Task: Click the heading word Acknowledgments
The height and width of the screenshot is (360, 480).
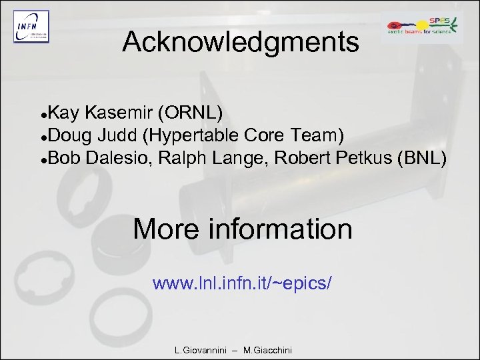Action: coord(241,43)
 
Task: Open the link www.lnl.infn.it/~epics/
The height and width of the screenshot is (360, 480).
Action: coord(242,283)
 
